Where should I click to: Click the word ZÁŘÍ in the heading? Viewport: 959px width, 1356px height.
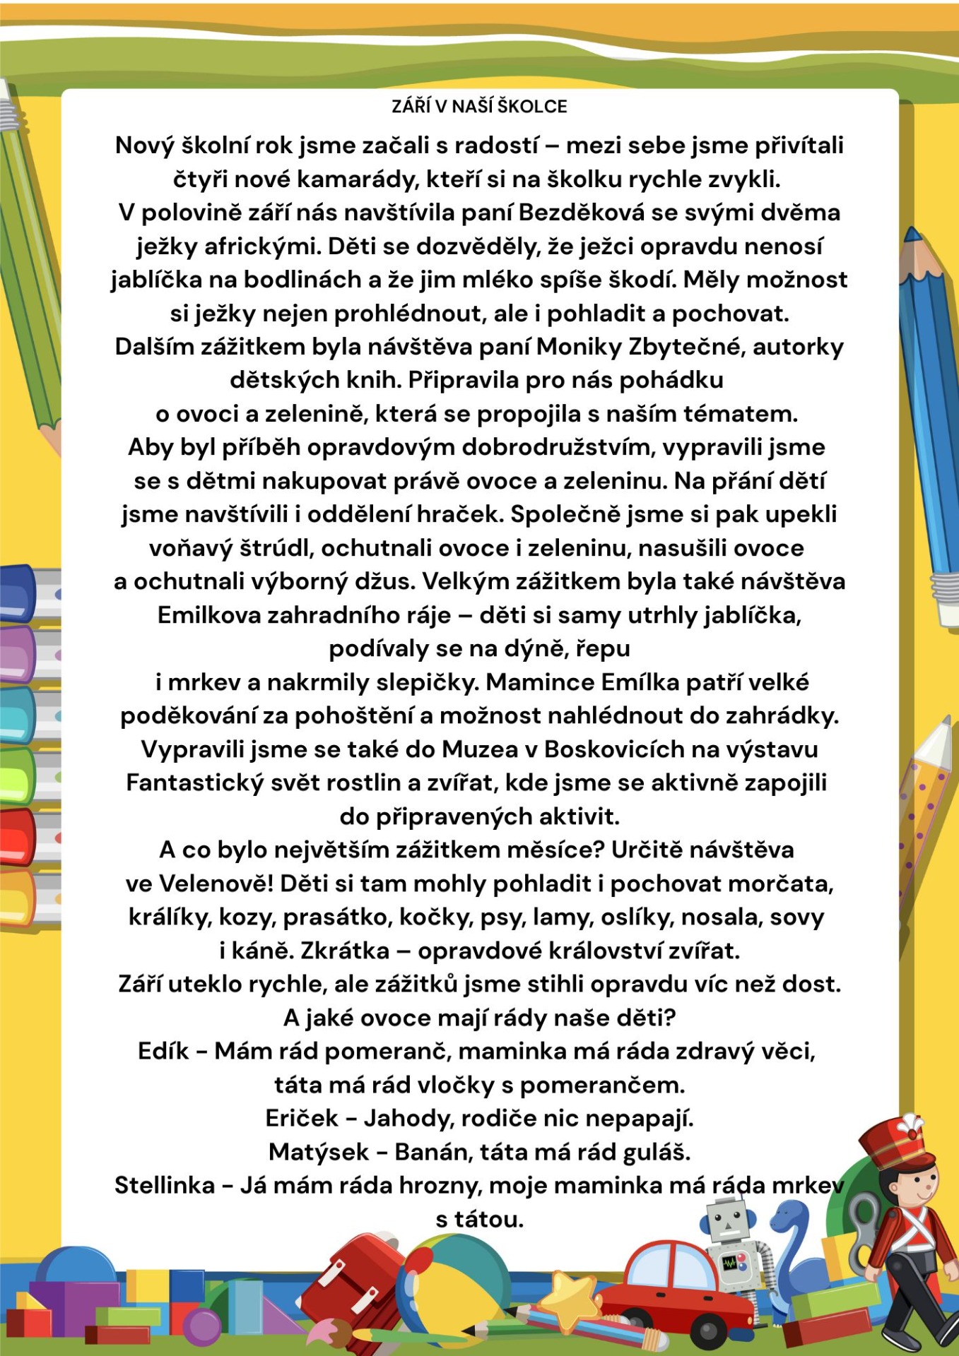[411, 107]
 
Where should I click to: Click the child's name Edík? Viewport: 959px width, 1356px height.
[163, 1052]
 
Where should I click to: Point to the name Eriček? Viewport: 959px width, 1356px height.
[302, 1119]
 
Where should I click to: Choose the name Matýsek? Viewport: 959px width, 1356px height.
[319, 1153]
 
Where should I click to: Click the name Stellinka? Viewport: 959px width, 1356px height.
[165, 1186]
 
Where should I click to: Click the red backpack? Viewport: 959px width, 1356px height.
[350, 1285]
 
